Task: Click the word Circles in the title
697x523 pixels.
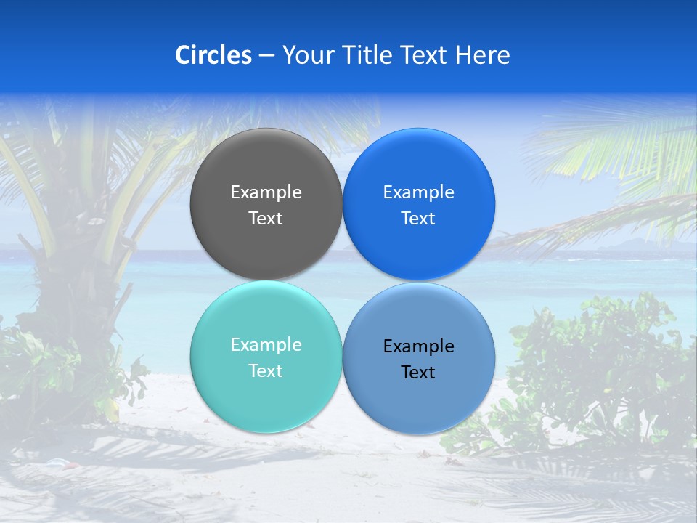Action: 213,55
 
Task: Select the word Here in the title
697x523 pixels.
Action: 482,55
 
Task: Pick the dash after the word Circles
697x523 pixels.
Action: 266,56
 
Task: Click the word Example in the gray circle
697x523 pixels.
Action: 266,192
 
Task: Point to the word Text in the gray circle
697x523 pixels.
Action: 266,219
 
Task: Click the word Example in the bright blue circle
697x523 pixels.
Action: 419,192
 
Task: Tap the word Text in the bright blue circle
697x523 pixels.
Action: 419,219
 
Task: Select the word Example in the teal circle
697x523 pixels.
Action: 266,345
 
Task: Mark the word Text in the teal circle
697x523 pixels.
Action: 266,371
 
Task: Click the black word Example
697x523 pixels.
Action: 419,346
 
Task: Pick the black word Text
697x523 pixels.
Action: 419,373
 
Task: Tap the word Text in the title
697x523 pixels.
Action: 424,55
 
